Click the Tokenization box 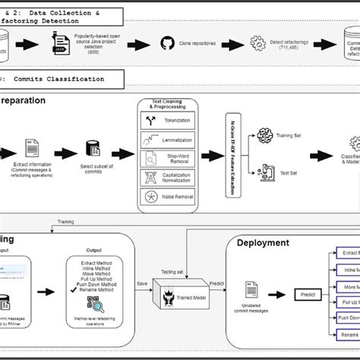[x=167, y=120]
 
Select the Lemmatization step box [x=167, y=139]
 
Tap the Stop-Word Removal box [x=167, y=158]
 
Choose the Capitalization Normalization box [x=167, y=178]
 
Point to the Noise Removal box [x=167, y=197]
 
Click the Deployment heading [x=263, y=243]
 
